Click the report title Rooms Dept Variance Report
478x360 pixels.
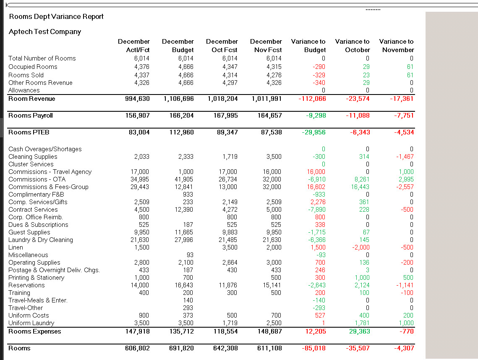click(x=56, y=17)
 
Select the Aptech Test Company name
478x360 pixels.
click(x=45, y=32)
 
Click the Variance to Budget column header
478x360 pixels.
click(x=308, y=45)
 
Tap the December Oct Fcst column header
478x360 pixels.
click(x=222, y=45)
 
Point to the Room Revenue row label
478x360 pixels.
click(x=32, y=99)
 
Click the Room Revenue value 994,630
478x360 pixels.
click(x=137, y=99)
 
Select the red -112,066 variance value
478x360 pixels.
click(x=312, y=99)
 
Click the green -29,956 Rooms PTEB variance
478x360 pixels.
click(x=313, y=132)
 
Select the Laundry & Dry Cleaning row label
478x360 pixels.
click(x=41, y=240)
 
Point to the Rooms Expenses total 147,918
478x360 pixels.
click(x=137, y=331)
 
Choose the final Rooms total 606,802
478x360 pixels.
click(x=137, y=348)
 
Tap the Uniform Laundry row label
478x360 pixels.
click(x=31, y=323)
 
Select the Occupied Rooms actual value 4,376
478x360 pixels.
click(x=142, y=67)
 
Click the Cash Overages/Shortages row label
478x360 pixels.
click(x=45, y=149)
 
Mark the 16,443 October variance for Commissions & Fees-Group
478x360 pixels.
click(x=360, y=187)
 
